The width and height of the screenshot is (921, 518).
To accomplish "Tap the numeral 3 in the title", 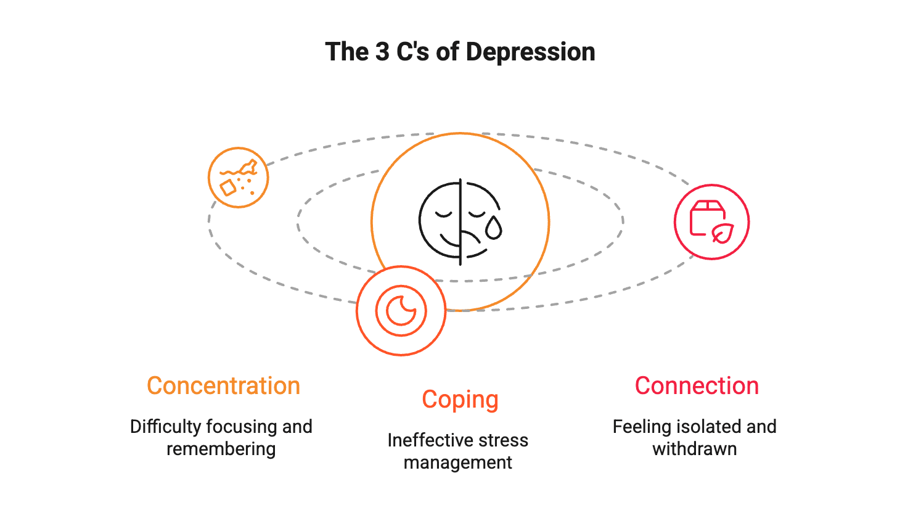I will point(382,52).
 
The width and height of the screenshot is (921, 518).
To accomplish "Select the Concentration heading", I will point(223,386).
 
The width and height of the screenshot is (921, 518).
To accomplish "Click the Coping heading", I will point(460,400).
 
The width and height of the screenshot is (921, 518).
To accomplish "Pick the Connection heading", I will point(697,386).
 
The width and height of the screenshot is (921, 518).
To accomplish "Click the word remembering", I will point(221,448).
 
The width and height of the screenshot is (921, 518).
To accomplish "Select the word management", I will point(458,462).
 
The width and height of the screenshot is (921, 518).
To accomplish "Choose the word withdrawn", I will point(694,448).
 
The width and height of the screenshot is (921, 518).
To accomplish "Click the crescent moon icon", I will point(401,310).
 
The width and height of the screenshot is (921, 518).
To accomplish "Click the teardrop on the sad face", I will point(493,229).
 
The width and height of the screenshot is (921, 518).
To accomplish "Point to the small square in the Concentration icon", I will point(228,188).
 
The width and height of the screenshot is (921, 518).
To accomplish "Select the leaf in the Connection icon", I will point(722,232).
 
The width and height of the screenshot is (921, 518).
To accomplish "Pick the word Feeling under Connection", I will point(642,427).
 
